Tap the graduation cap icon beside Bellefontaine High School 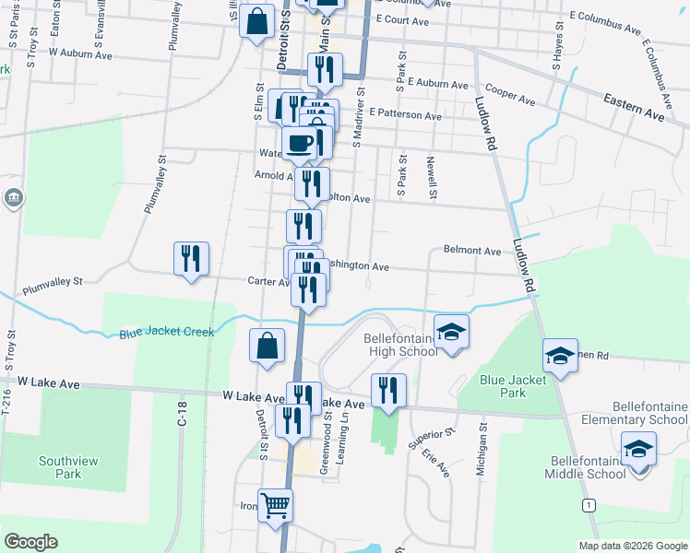[451, 332]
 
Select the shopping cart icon [275, 504]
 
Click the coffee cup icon [299, 144]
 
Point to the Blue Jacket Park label [502, 385]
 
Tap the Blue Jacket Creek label [166, 332]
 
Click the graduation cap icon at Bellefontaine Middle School [638, 449]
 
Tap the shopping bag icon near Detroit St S [267, 347]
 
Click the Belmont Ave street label [471, 250]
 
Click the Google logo [30, 542]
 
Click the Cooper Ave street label [510, 95]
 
